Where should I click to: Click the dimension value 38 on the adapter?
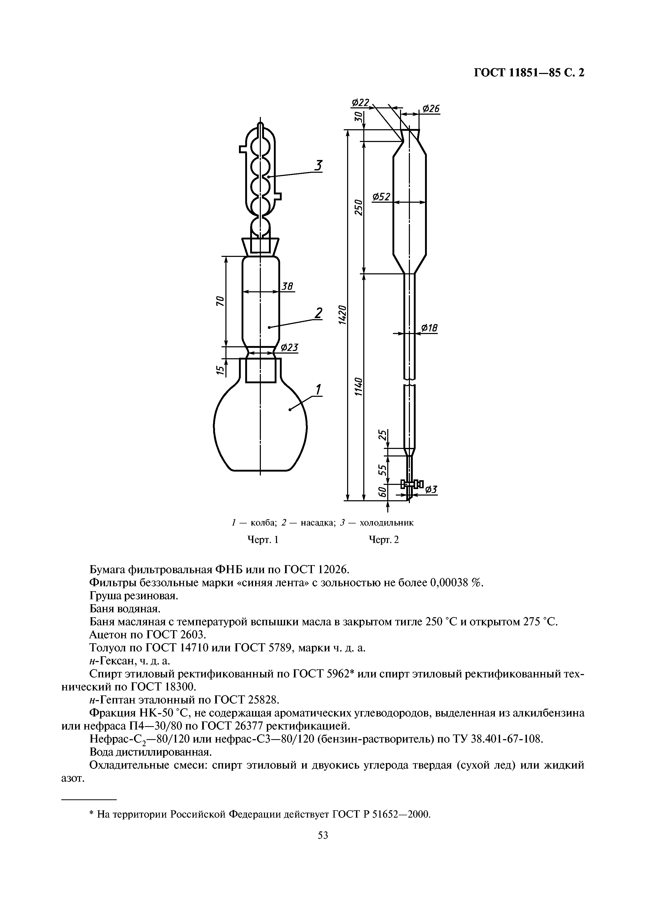point(287,286)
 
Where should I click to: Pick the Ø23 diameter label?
point(289,348)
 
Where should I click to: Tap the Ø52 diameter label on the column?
point(381,197)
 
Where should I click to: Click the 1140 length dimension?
point(358,386)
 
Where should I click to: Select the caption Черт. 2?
point(384,540)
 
